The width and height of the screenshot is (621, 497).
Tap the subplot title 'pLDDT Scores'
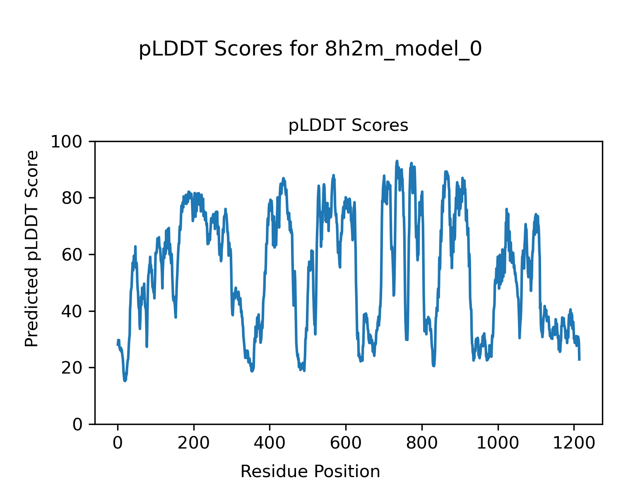(348, 125)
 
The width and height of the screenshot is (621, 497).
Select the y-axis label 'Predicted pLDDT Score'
(32, 248)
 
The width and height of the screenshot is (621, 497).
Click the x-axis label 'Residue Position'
(310, 471)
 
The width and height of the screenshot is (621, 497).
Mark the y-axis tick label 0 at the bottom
(77, 425)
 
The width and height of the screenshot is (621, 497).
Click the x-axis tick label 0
(118, 443)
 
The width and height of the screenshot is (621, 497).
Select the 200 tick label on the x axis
(193, 443)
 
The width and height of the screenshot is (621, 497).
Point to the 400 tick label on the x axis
(270, 443)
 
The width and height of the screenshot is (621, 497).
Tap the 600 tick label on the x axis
(345, 443)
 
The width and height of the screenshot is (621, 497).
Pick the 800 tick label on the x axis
(421, 443)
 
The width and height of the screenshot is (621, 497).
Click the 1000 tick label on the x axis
(498, 443)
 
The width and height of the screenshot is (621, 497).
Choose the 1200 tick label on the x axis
(573, 443)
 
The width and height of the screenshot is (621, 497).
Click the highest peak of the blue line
(397, 161)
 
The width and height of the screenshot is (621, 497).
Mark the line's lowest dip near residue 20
(125, 381)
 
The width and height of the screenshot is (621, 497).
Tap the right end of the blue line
(579, 360)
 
